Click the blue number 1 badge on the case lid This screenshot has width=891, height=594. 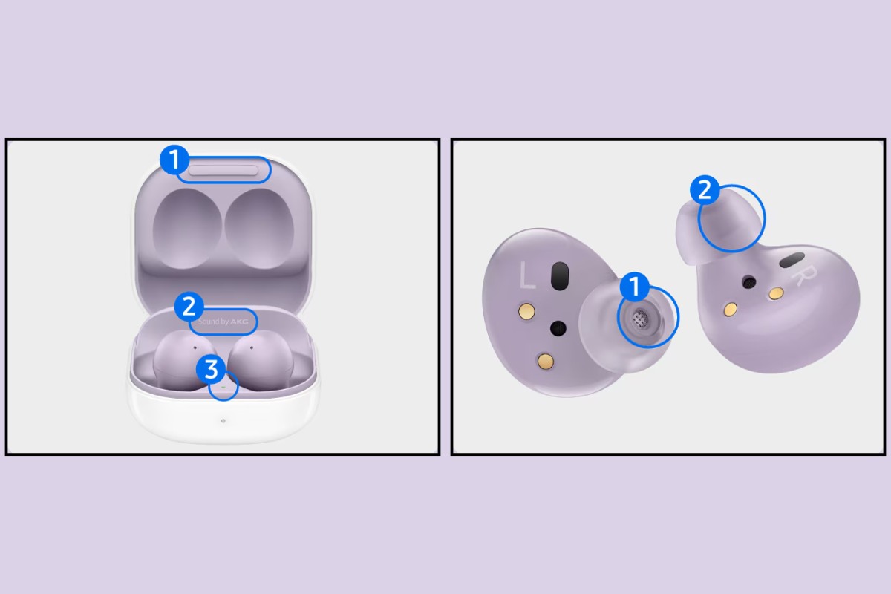173,159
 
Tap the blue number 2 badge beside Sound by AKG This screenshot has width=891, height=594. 189,307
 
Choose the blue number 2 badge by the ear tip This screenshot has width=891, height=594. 705,190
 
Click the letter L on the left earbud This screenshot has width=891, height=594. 526,277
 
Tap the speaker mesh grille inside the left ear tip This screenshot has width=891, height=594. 639,318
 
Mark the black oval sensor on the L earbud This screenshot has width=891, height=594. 557,275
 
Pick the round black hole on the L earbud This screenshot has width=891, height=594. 558,327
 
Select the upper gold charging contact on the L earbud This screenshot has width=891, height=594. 525,308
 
